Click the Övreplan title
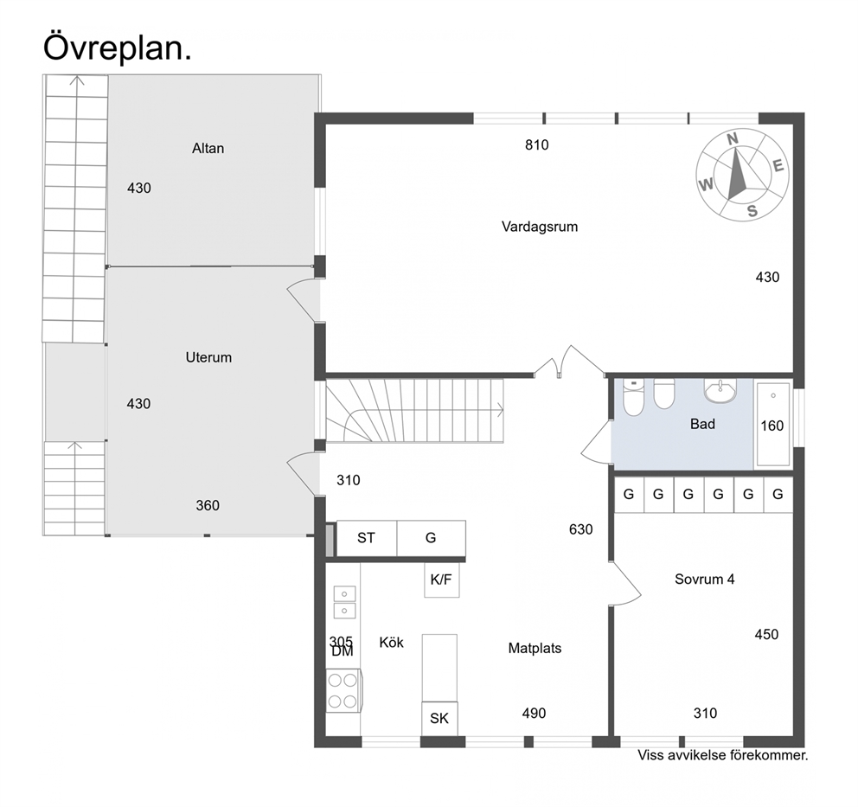[117, 48]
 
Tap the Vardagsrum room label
[540, 227]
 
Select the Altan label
[208, 148]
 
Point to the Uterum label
[208, 357]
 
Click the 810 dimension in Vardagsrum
[537, 145]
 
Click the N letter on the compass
[733, 139]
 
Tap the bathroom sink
[720, 391]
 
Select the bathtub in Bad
[772, 425]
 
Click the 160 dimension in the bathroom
[772, 426]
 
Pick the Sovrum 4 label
[704, 579]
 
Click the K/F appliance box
[442, 580]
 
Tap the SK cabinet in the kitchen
[439, 719]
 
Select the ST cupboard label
[366, 538]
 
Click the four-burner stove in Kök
[343, 691]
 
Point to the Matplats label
[535, 649]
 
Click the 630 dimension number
[580, 529]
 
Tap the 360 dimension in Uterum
[208, 505]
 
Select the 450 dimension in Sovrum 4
[766, 635]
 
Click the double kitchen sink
[344, 602]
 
